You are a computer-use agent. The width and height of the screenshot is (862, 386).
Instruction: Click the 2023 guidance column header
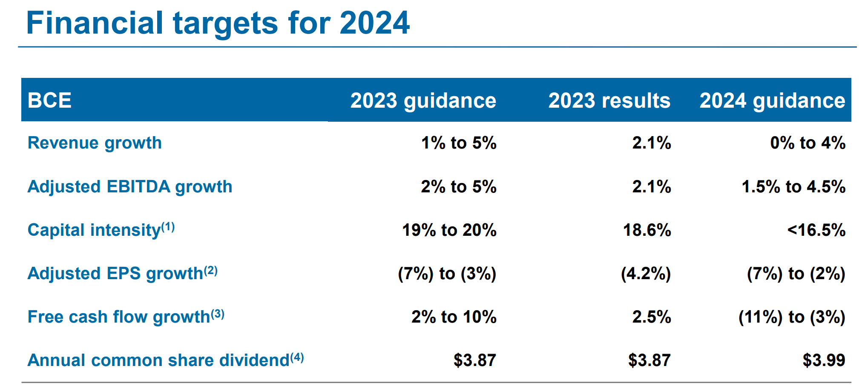pyautogui.click(x=423, y=100)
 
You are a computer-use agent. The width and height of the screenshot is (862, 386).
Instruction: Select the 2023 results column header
pyautogui.click(x=609, y=100)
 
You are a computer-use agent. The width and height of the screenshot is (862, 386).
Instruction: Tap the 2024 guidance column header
pyautogui.click(x=772, y=100)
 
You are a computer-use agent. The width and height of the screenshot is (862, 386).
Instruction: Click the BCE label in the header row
pyautogui.click(x=49, y=100)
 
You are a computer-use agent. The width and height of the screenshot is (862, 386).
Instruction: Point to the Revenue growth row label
pyautogui.click(x=95, y=143)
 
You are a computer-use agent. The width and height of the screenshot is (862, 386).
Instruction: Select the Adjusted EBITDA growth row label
pyautogui.click(x=130, y=187)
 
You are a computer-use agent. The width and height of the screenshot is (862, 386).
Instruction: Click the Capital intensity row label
pyautogui.click(x=94, y=230)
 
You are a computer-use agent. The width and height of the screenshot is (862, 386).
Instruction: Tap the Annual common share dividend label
pyautogui.click(x=158, y=360)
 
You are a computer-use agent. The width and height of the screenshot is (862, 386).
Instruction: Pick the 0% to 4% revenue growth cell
pyautogui.click(x=807, y=143)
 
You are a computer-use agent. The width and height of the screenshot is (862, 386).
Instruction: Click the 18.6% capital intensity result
pyautogui.click(x=646, y=230)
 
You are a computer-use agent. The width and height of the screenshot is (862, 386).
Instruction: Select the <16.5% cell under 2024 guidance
pyautogui.click(x=816, y=230)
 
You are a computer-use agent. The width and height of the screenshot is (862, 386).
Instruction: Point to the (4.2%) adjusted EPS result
pyautogui.click(x=646, y=274)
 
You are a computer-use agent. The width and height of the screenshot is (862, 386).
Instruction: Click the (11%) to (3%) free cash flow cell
pyautogui.click(x=791, y=317)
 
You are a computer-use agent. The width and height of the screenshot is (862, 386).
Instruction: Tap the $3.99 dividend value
pyautogui.click(x=824, y=360)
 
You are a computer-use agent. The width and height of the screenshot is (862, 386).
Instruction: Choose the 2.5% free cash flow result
pyautogui.click(x=651, y=317)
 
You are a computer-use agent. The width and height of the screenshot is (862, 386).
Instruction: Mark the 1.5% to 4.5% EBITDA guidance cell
pyautogui.click(x=793, y=187)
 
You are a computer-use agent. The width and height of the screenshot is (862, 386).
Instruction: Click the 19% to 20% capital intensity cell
pyautogui.click(x=449, y=230)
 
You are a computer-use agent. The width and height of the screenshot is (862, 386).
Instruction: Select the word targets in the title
pyautogui.click(x=225, y=23)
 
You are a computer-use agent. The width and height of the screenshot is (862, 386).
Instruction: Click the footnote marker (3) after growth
pyautogui.click(x=217, y=314)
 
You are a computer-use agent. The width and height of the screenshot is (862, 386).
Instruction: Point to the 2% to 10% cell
pyautogui.click(x=454, y=317)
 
